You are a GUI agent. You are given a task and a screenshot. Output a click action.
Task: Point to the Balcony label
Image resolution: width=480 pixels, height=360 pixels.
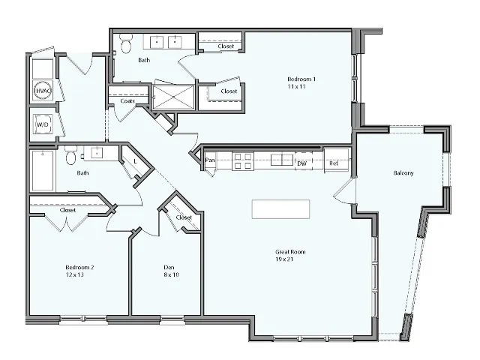(403, 173)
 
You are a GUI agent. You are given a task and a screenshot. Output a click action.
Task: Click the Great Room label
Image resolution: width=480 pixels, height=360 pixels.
(289, 251)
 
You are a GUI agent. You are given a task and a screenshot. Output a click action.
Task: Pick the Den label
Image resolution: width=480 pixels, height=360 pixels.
(169, 266)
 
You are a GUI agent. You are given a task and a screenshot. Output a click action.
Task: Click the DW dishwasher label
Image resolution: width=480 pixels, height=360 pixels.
(301, 162)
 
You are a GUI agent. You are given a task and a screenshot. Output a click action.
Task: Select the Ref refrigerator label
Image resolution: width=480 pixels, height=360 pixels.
(334, 162)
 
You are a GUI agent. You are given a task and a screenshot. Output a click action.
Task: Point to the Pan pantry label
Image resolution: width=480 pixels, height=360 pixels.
(211, 160)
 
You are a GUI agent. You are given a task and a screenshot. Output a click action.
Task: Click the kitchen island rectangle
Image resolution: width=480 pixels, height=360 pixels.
(281, 209)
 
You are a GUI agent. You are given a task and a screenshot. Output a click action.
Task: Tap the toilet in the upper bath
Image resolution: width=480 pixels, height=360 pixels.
(126, 44)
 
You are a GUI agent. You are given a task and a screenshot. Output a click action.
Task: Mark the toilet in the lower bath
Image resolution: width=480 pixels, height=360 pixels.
(70, 156)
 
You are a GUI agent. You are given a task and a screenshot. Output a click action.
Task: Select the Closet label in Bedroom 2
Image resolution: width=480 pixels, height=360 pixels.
(68, 211)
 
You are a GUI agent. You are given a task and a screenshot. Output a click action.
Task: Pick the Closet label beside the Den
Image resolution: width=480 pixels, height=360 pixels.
(184, 217)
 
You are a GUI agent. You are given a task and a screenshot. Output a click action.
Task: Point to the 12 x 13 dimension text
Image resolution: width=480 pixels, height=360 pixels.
(75, 275)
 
